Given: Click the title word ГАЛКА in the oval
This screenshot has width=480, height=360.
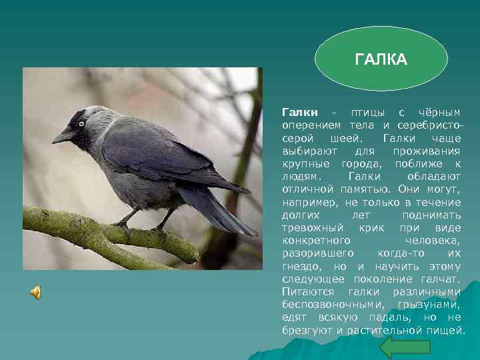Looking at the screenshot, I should tap(381, 61).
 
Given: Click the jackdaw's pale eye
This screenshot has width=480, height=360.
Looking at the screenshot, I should tap(81, 123).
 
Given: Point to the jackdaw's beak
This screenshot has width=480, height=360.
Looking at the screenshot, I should tap(63, 136).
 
